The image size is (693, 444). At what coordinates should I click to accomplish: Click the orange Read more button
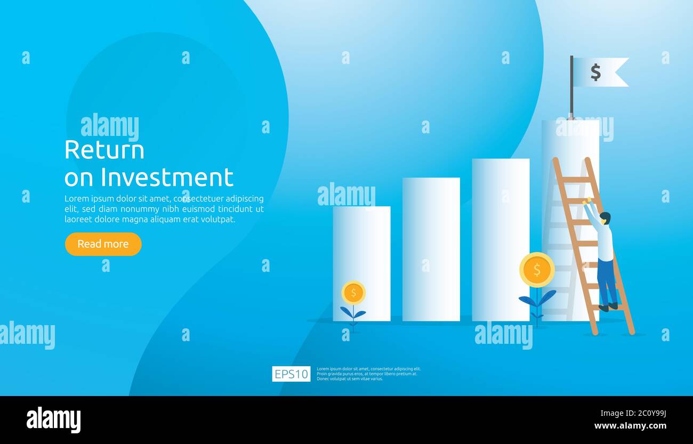[x=103, y=244]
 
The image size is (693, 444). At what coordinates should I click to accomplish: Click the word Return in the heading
[x=104, y=150]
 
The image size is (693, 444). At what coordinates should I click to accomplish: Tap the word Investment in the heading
[x=167, y=177]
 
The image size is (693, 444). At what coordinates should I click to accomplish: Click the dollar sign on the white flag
[x=595, y=72]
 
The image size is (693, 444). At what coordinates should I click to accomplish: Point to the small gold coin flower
[x=353, y=293]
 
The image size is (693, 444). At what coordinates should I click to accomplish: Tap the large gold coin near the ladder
[x=537, y=270]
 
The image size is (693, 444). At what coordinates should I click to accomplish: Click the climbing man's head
[x=605, y=217]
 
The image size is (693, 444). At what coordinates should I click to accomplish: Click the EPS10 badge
[x=291, y=374]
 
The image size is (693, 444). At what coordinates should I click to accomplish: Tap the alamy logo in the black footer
[x=53, y=420]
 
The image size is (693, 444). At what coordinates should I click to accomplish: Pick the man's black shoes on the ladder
[x=608, y=307]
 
